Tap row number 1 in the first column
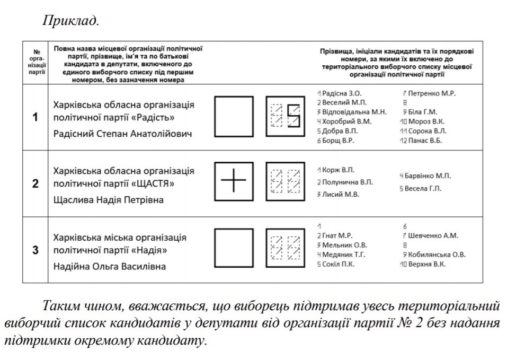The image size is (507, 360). (35, 117)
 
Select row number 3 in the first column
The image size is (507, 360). (35, 250)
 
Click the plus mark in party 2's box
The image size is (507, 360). (234, 181)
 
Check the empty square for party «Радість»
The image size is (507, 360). (234, 116)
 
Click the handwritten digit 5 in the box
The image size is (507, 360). (293, 116)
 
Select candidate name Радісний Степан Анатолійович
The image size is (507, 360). (123, 134)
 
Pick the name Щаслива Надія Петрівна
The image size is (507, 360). (109, 200)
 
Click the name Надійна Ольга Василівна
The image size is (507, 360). (110, 266)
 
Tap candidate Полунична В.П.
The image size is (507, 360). (347, 182)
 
